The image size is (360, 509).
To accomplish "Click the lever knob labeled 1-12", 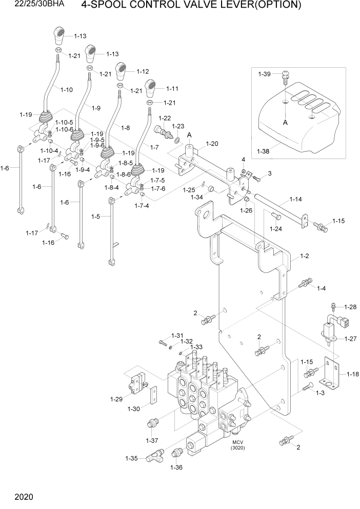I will tap(122, 69).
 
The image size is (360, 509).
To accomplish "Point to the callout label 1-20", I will tap(212, 144).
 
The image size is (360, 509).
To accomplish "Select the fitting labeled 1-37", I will tap(152, 424).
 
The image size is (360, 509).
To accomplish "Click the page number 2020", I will tap(24, 497).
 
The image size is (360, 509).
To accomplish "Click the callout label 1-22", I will tap(165, 119).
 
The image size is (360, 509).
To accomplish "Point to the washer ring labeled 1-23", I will tap(176, 140).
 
